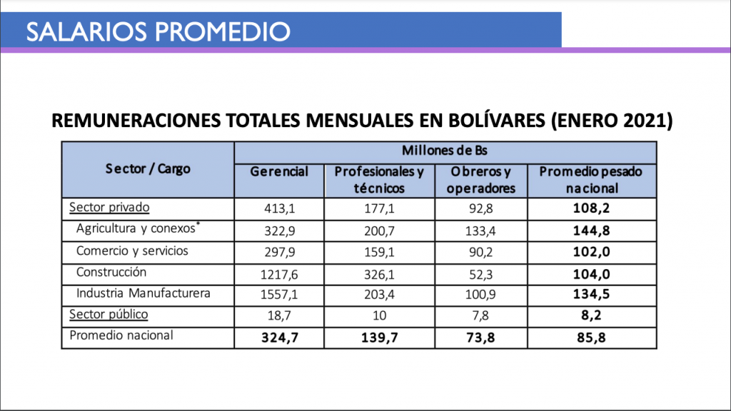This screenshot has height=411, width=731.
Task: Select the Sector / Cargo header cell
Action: (x=148, y=169)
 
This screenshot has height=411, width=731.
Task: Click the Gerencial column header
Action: (x=279, y=172)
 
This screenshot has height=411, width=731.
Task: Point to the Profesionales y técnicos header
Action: (x=379, y=180)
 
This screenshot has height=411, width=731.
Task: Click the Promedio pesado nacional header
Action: (x=590, y=180)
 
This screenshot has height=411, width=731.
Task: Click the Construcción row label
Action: (x=111, y=273)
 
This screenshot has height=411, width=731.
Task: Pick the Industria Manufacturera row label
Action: (x=143, y=294)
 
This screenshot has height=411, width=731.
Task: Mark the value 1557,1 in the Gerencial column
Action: (x=279, y=294)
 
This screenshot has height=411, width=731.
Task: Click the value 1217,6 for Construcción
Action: (x=279, y=273)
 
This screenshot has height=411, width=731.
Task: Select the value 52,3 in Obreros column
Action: (x=483, y=273)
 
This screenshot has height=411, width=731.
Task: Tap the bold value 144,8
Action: (x=590, y=230)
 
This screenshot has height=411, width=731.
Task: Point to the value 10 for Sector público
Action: (x=379, y=315)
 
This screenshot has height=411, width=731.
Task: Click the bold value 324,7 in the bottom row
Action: (x=279, y=337)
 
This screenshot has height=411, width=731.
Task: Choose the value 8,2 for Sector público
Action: (x=590, y=315)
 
